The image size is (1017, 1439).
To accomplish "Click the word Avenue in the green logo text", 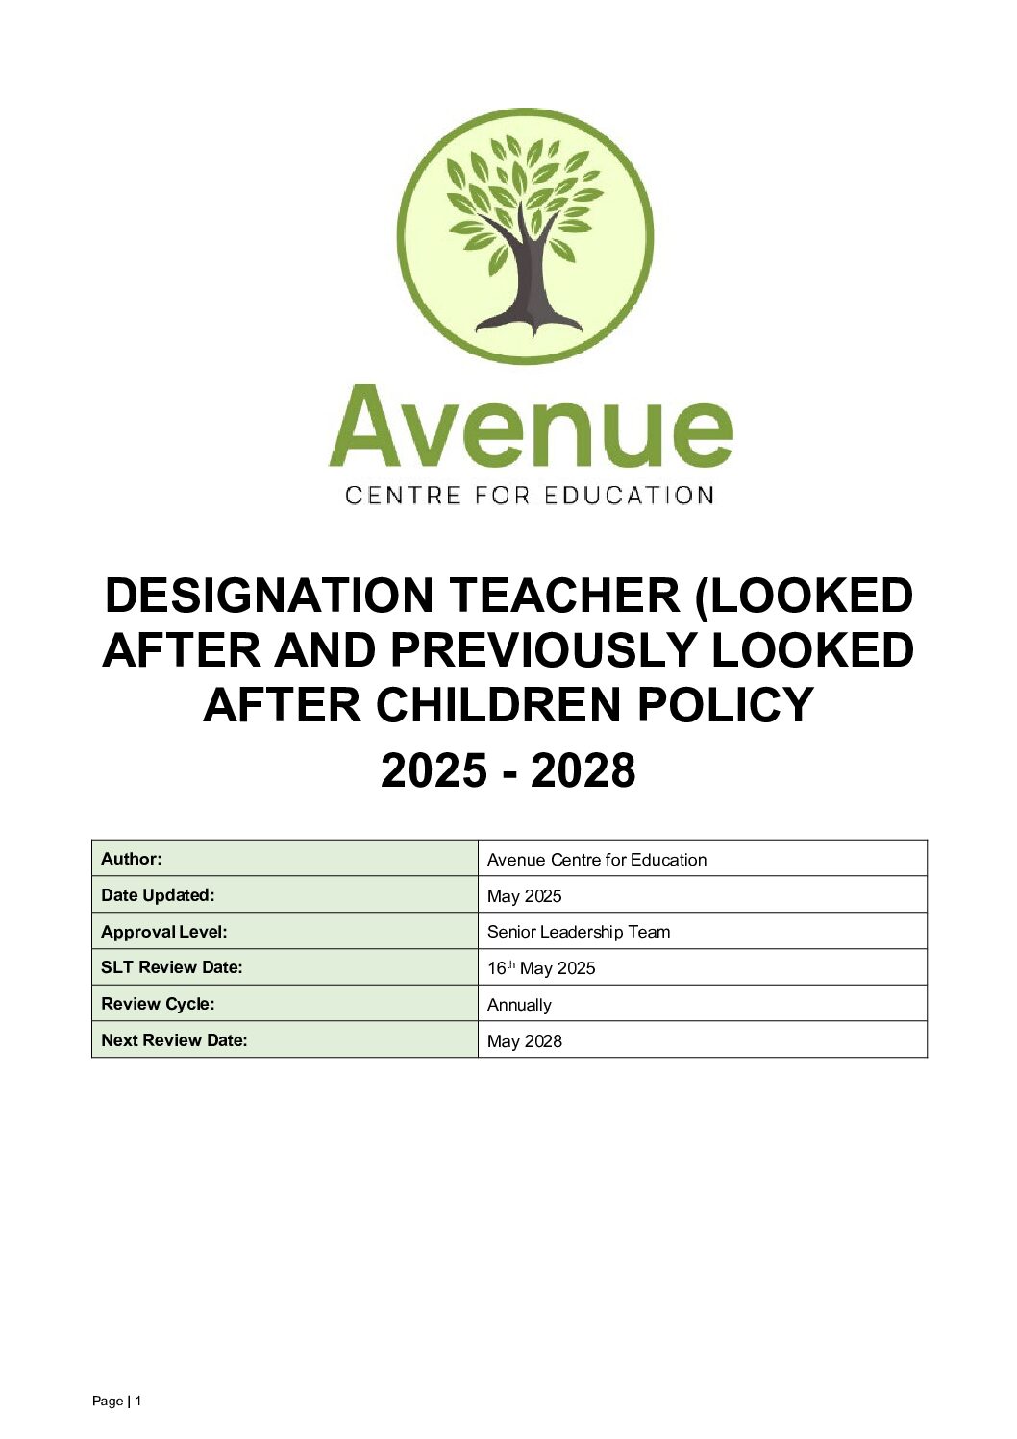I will click(x=530, y=427).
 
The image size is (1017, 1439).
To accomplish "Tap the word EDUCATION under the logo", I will click(x=629, y=496).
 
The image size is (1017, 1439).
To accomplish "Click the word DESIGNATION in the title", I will click(x=268, y=596).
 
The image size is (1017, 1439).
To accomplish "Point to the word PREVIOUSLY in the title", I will click(x=542, y=650).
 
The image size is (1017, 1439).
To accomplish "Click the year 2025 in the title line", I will click(x=434, y=771).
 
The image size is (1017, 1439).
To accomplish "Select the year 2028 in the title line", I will click(x=583, y=771).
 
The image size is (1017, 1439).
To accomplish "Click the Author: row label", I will click(x=132, y=859).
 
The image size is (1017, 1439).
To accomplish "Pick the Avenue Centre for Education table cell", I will click(x=597, y=860).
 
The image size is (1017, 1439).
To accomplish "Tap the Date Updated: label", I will click(x=158, y=895).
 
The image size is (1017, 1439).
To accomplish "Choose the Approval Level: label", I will click(x=164, y=932).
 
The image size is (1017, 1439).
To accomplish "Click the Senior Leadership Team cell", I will click(x=579, y=932).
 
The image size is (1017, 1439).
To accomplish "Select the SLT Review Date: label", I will click(x=172, y=967).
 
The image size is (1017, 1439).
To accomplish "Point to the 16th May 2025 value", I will click(x=541, y=968).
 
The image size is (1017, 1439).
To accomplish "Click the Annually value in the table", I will click(x=519, y=1005).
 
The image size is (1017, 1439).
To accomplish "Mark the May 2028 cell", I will click(x=525, y=1041).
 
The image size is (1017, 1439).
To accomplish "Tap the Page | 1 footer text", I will click(x=116, y=1402).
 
